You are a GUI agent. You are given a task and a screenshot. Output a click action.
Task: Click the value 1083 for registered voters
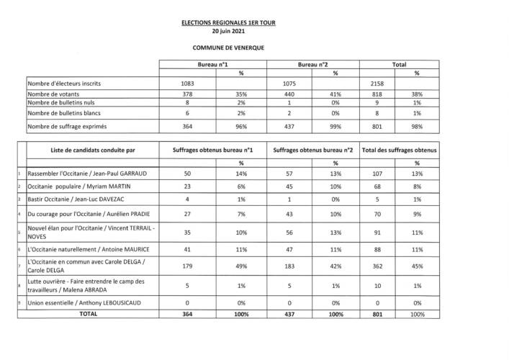tap(187, 83)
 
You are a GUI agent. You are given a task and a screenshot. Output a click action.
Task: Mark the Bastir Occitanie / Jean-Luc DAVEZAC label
tap(76, 198)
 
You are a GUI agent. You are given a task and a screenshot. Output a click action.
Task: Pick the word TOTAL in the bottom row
tap(89, 314)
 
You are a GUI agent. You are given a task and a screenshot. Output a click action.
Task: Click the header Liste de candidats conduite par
tap(94, 150)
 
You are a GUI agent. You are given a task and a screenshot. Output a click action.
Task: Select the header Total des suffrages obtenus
tap(398, 150)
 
